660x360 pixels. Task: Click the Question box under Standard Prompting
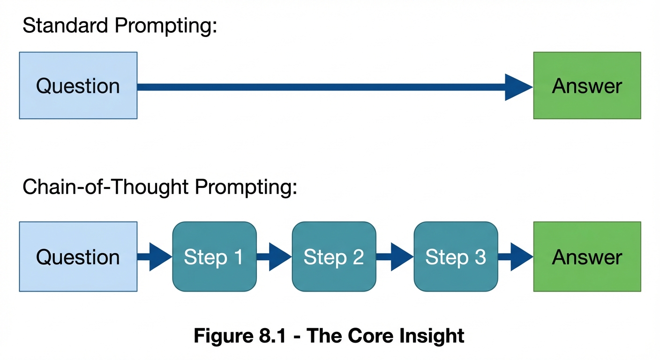(x=78, y=85)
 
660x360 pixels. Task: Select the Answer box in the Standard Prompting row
(x=587, y=85)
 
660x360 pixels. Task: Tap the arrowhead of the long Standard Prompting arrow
(x=517, y=87)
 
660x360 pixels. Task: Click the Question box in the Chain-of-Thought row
(x=78, y=256)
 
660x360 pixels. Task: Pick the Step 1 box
(x=214, y=256)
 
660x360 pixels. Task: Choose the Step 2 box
(x=334, y=256)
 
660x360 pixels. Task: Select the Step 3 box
(x=456, y=256)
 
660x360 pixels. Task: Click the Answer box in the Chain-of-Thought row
(x=587, y=256)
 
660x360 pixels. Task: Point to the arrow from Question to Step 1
(x=155, y=257)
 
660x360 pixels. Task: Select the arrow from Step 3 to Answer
(x=516, y=257)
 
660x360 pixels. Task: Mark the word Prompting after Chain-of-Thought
(x=246, y=187)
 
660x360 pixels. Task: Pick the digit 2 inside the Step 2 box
(x=358, y=257)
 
